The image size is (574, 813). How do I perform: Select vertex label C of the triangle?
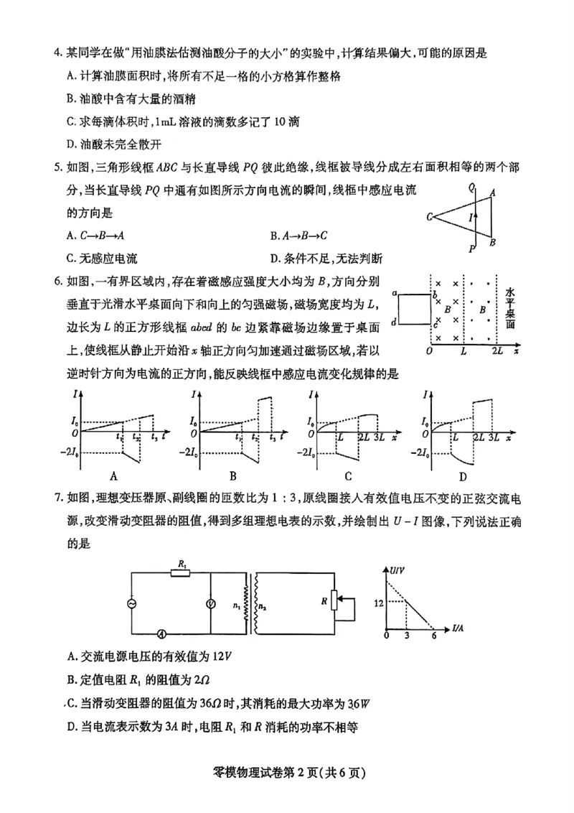(428, 216)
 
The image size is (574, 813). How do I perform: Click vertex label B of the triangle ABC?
(493, 242)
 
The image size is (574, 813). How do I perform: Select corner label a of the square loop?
(395, 292)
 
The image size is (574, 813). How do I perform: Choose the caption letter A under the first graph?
(113, 475)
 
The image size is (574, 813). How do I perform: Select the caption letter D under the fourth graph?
(463, 475)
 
